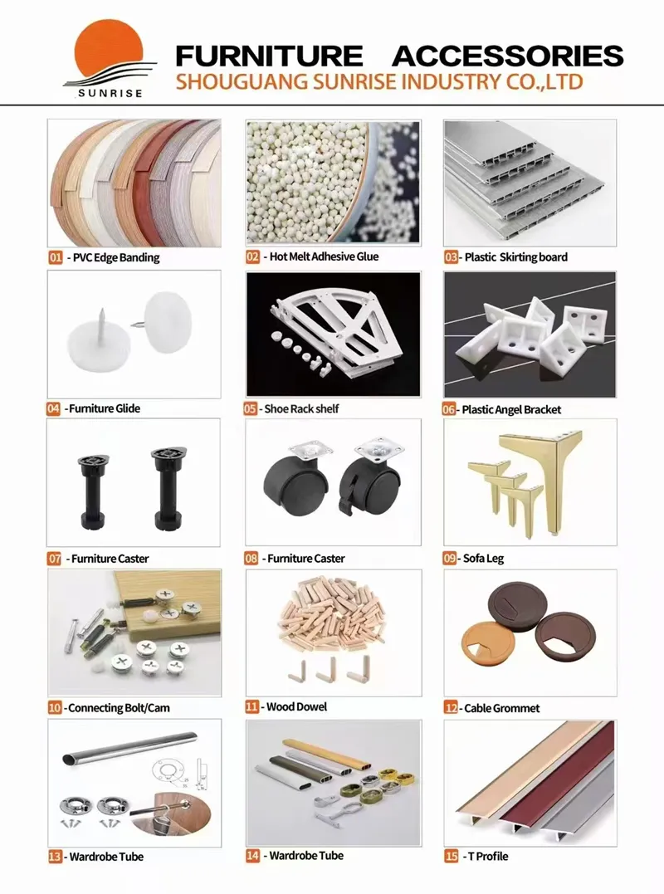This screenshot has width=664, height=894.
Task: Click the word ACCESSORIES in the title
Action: (507, 56)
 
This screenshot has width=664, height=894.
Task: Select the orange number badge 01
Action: (56, 257)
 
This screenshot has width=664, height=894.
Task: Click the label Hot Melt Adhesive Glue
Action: (324, 256)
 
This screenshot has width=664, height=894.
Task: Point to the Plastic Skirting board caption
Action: (515, 257)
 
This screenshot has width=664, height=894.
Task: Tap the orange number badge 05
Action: (251, 408)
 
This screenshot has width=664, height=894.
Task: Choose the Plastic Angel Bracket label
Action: (511, 409)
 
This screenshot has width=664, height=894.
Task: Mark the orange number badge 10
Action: (55, 708)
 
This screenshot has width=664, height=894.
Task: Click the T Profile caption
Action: (487, 856)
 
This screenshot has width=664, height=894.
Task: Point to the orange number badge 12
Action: (451, 708)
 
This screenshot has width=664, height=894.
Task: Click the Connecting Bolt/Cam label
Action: (120, 708)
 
